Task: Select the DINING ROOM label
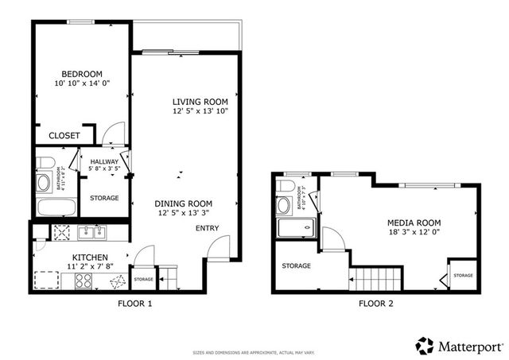(184, 203)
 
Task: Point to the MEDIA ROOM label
(414, 223)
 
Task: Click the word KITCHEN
(91, 258)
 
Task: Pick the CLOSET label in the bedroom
(64, 136)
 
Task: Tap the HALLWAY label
(103, 161)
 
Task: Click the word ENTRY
(208, 229)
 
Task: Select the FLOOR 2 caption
(375, 304)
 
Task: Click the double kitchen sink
(88, 233)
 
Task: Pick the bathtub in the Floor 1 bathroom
(56, 208)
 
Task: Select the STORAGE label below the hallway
(104, 198)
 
